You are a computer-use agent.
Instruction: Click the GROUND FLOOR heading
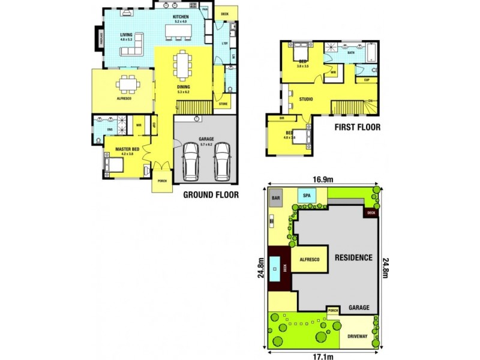point(211,194)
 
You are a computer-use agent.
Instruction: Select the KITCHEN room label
point(181,17)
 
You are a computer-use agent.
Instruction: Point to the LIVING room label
point(126,35)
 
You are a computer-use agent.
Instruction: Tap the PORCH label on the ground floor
point(162,181)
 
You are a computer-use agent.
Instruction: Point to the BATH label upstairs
point(351,53)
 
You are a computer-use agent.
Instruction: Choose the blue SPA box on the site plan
point(307,196)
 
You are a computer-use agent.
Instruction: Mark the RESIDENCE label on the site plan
point(353,257)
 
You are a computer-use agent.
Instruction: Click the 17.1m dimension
point(323,355)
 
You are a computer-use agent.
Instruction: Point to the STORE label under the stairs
point(223,104)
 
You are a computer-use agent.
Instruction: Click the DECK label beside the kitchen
point(224,13)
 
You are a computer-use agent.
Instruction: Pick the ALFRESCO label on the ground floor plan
point(124,98)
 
